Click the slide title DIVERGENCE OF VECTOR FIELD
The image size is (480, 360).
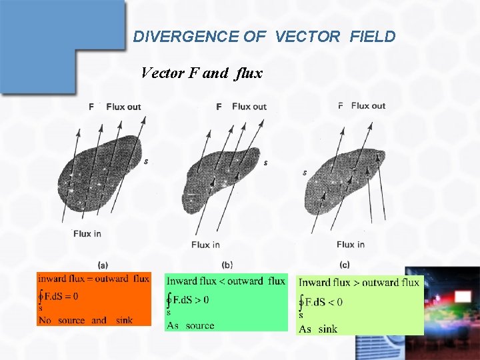[264, 37]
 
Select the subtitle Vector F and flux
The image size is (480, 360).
[201, 73]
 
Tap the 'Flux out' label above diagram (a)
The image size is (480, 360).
[123, 107]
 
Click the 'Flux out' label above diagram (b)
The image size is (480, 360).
[249, 107]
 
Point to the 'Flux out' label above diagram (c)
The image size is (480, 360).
[368, 105]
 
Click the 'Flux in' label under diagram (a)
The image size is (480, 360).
[87, 233]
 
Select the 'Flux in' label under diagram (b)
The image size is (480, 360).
[205, 245]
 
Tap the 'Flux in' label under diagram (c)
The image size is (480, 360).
[350, 245]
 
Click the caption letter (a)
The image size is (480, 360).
[103, 265]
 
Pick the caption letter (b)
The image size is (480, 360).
[227, 265]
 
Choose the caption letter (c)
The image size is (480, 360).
[344, 265]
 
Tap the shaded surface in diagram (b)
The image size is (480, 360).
[223, 173]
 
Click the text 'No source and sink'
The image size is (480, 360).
[85, 321]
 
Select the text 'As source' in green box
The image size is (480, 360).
[190, 325]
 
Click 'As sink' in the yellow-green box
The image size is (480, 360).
[318, 329]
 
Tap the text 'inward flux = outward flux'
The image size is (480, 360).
[93, 279]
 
